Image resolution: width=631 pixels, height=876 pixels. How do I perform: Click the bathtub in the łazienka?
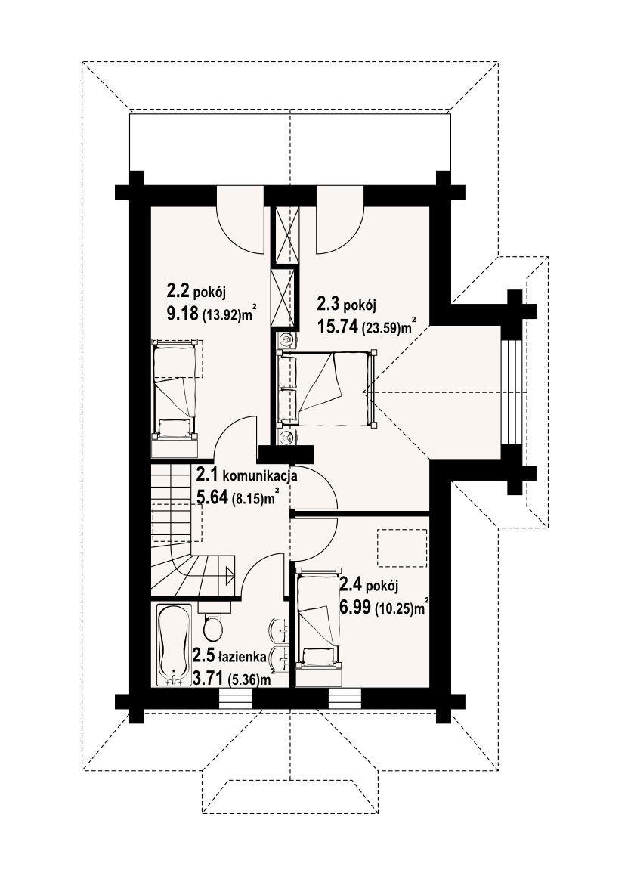tap(175, 645)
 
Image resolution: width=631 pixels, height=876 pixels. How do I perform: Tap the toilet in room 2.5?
tap(213, 622)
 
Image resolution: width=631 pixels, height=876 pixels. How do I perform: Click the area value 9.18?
tap(183, 314)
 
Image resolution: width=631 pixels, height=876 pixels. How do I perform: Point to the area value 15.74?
tap(337, 327)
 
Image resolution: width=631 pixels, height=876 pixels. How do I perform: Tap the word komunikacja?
tap(260, 476)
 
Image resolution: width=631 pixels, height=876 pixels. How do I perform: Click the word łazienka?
tap(243, 658)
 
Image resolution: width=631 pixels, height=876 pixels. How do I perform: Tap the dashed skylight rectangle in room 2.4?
tap(402, 548)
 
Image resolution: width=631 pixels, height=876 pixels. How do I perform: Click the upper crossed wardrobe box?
tap(286, 234)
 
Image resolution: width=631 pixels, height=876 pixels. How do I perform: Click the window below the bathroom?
tap(235, 698)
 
